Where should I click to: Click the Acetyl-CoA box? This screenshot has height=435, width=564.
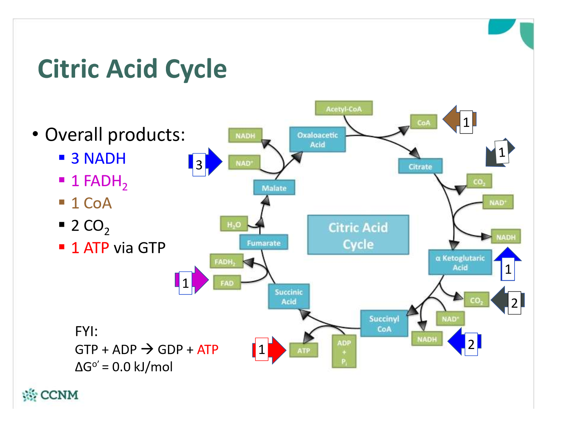(x=344, y=108)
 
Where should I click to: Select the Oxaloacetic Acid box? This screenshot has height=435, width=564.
(x=318, y=139)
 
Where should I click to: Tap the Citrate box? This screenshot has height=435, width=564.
(x=420, y=166)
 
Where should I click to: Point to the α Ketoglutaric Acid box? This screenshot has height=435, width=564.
(x=460, y=262)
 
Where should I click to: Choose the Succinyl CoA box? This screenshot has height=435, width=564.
(x=384, y=323)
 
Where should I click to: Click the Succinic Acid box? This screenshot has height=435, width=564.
(x=289, y=296)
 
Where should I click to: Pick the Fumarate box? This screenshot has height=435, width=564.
(x=263, y=242)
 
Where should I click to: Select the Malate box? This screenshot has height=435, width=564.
(x=274, y=187)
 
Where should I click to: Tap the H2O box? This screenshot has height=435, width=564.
(x=234, y=224)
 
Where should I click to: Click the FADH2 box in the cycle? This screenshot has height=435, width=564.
(x=226, y=261)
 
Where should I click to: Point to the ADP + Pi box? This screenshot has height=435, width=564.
(x=344, y=351)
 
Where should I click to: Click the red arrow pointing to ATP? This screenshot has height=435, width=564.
(x=269, y=350)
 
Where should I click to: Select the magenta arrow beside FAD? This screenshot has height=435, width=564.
(x=192, y=280)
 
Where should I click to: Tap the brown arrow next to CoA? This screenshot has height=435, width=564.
(x=459, y=119)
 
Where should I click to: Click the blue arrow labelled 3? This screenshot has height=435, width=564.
(x=205, y=162)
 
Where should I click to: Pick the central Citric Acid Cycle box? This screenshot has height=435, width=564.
(x=358, y=235)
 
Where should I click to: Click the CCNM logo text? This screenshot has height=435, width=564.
(x=59, y=395)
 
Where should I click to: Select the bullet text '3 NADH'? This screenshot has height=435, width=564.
(x=98, y=158)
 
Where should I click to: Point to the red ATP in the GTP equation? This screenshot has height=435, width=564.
(x=208, y=349)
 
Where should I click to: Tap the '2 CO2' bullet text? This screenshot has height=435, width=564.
(x=90, y=226)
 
